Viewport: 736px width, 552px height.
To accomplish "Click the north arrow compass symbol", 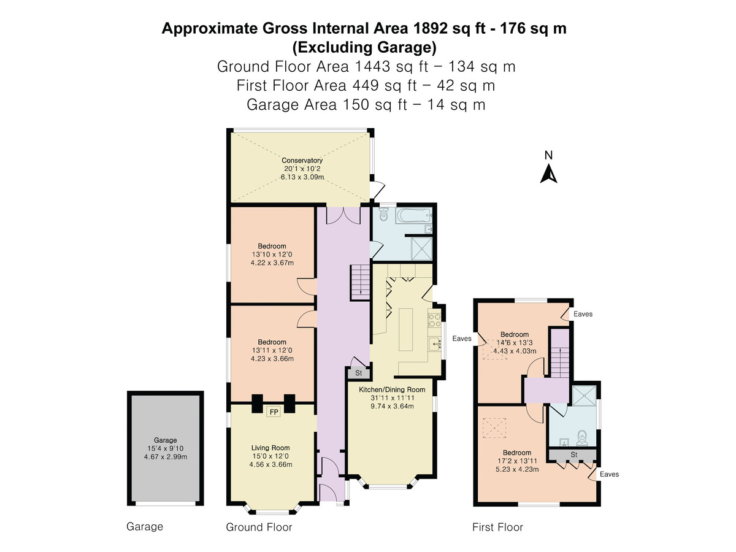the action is [548, 174].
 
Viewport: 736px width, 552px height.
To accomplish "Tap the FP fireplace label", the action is [274, 412].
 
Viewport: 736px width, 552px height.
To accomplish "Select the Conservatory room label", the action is [302, 161].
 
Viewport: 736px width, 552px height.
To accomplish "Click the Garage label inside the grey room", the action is [166, 440].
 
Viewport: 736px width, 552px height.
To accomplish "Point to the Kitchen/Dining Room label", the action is [392, 389].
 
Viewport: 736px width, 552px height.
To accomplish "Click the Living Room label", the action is [270, 448].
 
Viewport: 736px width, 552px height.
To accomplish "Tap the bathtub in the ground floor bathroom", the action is [413, 215].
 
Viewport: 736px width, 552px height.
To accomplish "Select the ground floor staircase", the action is [360, 282].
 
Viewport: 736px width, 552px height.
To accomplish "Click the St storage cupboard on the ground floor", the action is [358, 373].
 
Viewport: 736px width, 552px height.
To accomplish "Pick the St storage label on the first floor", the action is [573, 455].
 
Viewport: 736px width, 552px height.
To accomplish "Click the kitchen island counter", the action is [406, 329].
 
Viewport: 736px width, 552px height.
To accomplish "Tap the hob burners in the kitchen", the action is [434, 320].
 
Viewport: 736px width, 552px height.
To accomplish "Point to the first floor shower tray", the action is [584, 396].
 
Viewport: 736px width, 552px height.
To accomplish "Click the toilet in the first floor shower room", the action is [583, 438].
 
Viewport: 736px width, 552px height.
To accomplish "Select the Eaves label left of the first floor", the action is [462, 339].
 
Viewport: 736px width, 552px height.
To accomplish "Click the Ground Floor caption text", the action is [259, 527].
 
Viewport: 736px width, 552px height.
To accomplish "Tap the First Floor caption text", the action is [497, 527].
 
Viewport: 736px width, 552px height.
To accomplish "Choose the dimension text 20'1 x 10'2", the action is [302, 169].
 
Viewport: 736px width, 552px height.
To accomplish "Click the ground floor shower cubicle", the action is [421, 248].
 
